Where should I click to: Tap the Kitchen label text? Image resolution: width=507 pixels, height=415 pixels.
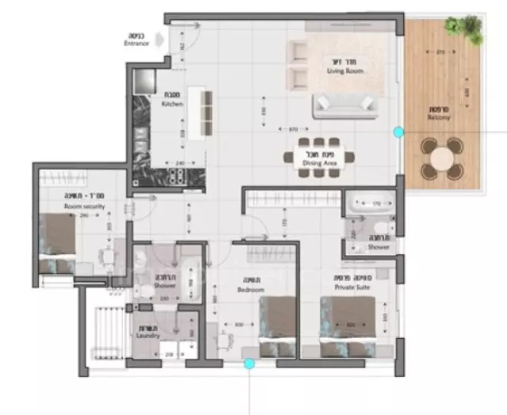[x=171, y=103]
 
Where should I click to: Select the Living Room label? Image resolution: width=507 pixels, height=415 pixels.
[x=344, y=70]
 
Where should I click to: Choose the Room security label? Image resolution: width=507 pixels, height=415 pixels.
[x=85, y=207]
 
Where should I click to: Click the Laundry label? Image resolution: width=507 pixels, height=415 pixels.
[x=147, y=336]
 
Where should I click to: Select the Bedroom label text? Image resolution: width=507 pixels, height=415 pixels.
[x=253, y=291]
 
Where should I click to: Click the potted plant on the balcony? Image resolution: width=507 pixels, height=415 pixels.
[x=465, y=29]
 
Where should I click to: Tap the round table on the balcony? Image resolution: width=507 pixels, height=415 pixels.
[x=441, y=158]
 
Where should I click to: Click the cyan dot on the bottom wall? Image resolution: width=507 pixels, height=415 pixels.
[x=250, y=364]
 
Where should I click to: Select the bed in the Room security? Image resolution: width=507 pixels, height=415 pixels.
[x=58, y=239]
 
